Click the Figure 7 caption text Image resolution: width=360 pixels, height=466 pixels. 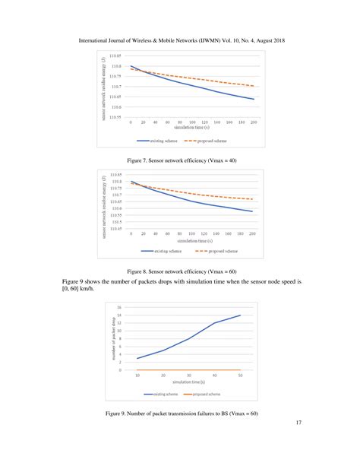coord(180,160)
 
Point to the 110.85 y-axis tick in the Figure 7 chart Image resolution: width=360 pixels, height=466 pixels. coord(115,57)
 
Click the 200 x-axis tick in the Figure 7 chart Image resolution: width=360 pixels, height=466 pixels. coord(253,122)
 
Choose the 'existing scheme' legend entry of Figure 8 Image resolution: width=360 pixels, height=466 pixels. coord(164,250)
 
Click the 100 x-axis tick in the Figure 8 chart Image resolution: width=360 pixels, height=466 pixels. coord(192,234)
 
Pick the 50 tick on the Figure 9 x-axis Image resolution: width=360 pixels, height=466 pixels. coord(240,376)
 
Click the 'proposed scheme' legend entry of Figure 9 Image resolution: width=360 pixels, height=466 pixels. coord(204,395)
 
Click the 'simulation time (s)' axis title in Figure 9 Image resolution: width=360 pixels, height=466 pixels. coord(189,382)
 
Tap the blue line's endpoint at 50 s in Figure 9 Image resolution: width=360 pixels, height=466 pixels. coord(240,315)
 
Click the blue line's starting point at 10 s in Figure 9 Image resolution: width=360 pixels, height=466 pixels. coord(137,359)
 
